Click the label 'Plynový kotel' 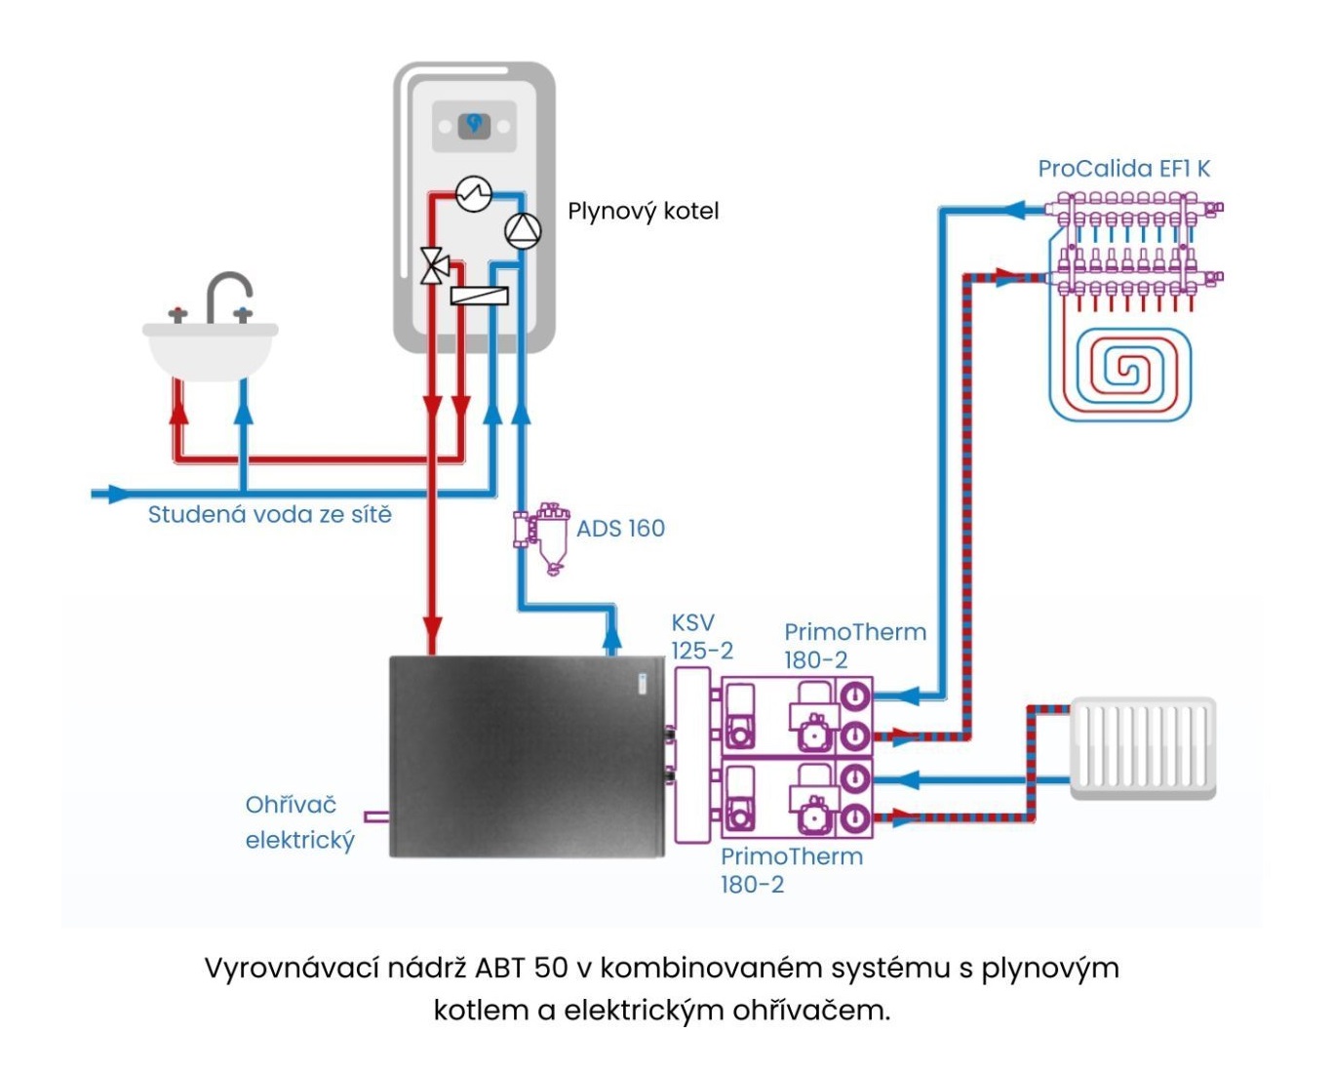pos(643,211)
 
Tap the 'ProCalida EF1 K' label pos(1123,169)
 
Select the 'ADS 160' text pos(620,529)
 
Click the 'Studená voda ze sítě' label pos(269,514)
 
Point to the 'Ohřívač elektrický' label pos(298,822)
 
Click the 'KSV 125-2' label pos(701,636)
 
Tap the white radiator pos(1143,747)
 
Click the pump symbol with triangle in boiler pos(523,230)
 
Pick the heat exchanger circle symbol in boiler pos(474,193)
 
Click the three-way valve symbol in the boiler pos(435,265)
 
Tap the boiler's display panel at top pos(474,125)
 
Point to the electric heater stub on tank pos(376,816)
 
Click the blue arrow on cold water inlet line pos(119,494)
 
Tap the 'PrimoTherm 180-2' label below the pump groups pos(791,870)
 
